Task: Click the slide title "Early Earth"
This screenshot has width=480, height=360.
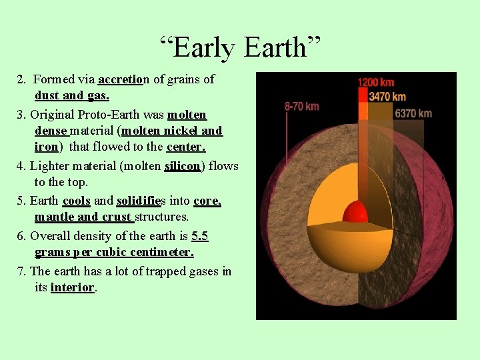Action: click(x=240, y=47)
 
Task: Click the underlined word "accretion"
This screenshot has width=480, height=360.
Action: click(x=121, y=79)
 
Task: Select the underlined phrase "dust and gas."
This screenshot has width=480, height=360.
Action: click(x=72, y=96)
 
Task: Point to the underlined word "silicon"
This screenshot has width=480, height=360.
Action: click(x=182, y=165)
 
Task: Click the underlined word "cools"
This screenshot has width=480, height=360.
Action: click(x=76, y=200)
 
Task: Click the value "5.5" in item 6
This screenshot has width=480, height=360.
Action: click(x=200, y=235)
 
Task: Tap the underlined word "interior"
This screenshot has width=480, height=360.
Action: click(x=73, y=287)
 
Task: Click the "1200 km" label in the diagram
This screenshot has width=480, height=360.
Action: click(x=376, y=83)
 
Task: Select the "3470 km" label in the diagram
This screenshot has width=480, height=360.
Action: click(x=387, y=97)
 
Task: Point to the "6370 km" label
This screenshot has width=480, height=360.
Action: click(x=413, y=113)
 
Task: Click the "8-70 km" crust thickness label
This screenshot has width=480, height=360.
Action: click(x=302, y=106)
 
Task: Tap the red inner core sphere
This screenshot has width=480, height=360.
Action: click(x=355, y=212)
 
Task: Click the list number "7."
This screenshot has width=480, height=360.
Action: click(x=22, y=271)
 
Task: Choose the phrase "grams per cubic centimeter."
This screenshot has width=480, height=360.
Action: click(x=114, y=253)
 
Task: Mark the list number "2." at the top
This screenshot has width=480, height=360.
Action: click(x=22, y=79)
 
